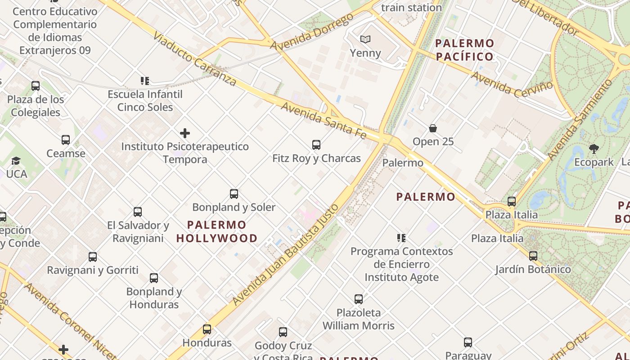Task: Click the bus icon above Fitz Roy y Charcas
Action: [316, 145]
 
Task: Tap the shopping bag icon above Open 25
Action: [433, 128]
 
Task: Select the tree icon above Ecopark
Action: [594, 148]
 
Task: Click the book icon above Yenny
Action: [365, 40]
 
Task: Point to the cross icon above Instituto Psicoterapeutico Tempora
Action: [185, 133]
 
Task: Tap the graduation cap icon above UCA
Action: [16, 161]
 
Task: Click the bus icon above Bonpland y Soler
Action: [234, 194]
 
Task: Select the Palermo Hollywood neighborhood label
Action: [217, 231]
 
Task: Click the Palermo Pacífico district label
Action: [465, 50]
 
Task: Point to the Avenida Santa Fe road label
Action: [324, 120]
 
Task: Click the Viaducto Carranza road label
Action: [194, 58]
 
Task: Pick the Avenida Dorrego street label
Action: [312, 32]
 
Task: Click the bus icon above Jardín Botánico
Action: [533, 256]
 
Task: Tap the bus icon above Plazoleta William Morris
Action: [359, 299]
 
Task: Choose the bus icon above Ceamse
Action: [66, 140]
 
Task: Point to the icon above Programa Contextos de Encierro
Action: [401, 238]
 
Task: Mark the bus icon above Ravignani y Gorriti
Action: [93, 257]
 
